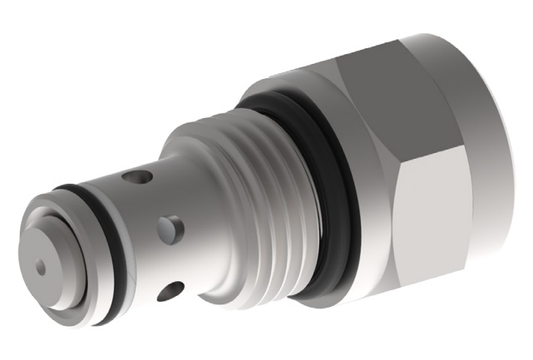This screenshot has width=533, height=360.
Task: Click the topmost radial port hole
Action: (138, 177)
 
